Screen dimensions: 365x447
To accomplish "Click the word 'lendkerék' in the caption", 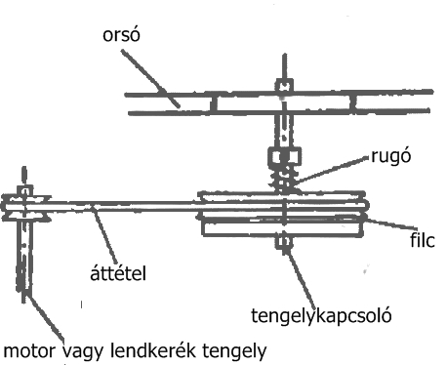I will (x=157, y=348).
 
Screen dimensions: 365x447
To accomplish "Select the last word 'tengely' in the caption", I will (x=232, y=348).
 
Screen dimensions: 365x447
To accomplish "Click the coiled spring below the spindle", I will (x=283, y=179).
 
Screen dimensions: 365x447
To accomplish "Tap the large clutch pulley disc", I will (x=284, y=215).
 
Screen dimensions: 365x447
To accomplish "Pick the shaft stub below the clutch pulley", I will (x=284, y=242).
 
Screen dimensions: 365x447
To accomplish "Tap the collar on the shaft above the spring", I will (x=282, y=156).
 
